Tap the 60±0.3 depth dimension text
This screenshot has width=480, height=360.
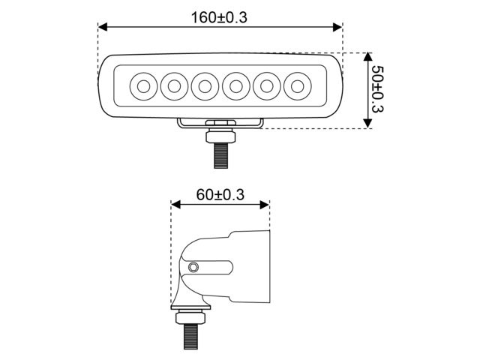click(x=220, y=195)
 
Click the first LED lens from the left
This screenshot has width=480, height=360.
click(x=142, y=86)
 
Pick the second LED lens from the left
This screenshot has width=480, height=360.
click(x=173, y=86)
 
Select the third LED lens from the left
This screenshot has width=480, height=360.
click(x=205, y=86)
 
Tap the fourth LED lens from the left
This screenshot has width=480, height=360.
click(x=236, y=86)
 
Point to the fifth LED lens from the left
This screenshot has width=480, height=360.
click(x=268, y=86)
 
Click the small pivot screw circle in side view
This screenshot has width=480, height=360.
click(x=194, y=267)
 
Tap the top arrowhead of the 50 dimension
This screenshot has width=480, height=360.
click(x=367, y=58)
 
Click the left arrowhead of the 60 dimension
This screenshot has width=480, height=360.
click(x=176, y=204)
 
